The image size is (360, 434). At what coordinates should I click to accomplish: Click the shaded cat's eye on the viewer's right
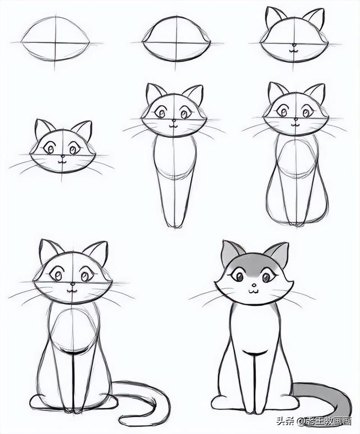[267, 276]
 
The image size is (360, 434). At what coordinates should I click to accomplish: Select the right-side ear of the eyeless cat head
[314, 18]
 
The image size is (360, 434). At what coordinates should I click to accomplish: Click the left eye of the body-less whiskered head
[51, 149]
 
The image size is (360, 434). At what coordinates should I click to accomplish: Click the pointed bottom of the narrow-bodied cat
[175, 225]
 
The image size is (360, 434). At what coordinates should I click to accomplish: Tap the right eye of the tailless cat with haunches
[307, 113]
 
